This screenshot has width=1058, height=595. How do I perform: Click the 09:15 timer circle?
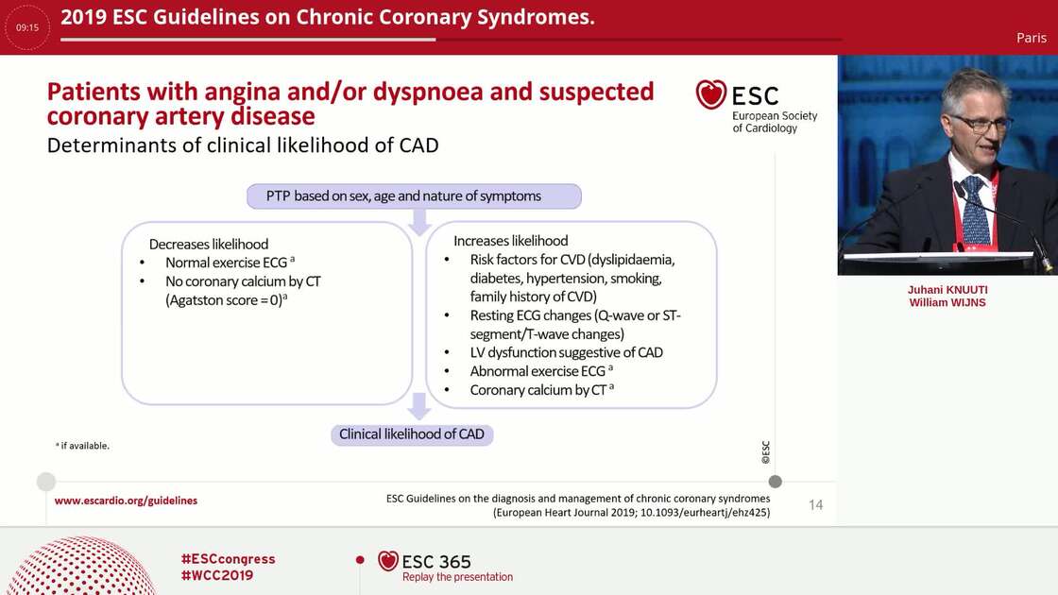[x=27, y=27]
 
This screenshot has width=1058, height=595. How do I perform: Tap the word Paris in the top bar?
[x=1031, y=38]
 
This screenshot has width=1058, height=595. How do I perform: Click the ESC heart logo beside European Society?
[x=711, y=94]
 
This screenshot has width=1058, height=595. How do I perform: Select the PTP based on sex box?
[x=414, y=196]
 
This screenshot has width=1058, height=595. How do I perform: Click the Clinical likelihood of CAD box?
[x=412, y=434]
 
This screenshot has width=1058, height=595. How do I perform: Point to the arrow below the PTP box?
[x=419, y=223]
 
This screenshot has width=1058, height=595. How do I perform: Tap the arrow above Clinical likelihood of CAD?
[x=419, y=406]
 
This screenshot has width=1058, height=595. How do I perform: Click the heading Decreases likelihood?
[x=209, y=244]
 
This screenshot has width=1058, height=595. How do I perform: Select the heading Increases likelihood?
[x=511, y=241]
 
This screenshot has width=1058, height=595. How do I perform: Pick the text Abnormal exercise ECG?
[x=538, y=371]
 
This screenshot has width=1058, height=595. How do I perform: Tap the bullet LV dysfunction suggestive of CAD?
[x=566, y=352]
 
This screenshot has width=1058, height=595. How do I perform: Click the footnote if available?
[x=83, y=446]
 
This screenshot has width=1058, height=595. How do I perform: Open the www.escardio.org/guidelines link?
[x=126, y=501]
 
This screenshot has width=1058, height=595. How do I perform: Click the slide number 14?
[x=815, y=505]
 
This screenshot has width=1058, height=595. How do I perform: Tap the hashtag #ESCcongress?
[x=228, y=559]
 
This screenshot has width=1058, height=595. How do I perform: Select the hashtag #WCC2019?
[x=216, y=575]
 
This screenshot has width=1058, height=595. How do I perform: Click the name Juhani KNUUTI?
[x=947, y=289]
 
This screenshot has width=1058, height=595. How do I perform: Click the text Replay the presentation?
[x=457, y=577]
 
